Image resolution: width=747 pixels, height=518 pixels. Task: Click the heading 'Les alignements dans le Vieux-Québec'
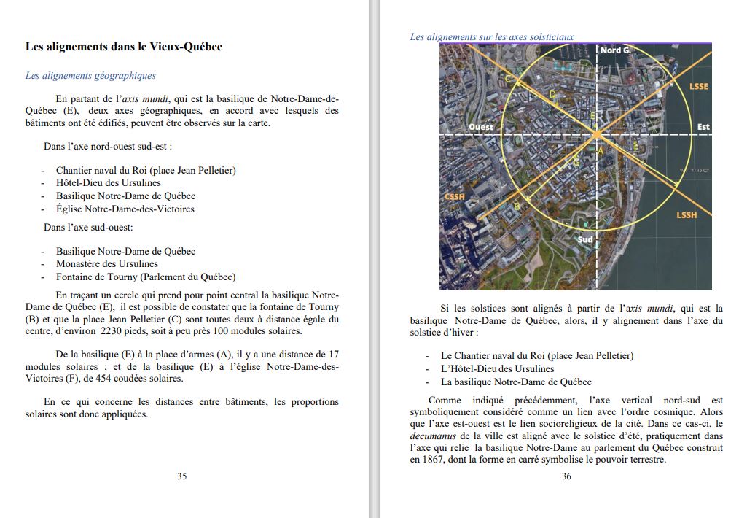point(124,47)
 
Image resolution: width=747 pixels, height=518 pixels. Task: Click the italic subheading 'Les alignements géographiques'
point(90,75)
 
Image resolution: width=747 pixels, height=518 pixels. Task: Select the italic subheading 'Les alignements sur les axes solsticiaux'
point(492,36)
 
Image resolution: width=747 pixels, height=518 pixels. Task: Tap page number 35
point(182,476)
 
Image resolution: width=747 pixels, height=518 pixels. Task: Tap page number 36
point(566,476)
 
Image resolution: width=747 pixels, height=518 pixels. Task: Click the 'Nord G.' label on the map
point(615,50)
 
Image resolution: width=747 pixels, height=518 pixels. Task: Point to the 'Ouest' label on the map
point(481,127)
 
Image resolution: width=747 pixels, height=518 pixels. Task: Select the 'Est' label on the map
point(703,127)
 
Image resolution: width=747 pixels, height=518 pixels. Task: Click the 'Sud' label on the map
point(585,239)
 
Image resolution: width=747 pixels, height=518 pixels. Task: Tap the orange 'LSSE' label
point(698,86)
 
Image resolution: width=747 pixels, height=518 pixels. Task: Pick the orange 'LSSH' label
point(687,215)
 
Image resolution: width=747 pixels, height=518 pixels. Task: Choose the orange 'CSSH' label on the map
point(455,197)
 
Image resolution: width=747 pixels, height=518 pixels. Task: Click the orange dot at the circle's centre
point(597,135)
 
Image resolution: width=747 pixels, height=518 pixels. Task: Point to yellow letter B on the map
point(517,206)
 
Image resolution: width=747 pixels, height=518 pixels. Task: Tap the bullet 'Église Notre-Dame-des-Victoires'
point(125,209)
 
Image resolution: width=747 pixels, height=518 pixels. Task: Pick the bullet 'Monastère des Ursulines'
point(107,264)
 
